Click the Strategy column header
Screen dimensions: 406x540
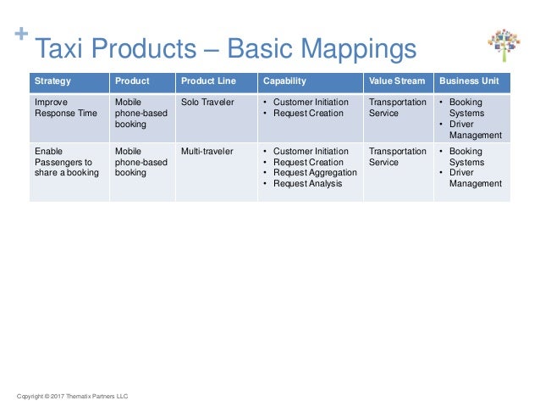[52, 81]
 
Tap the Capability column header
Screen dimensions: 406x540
[284, 81]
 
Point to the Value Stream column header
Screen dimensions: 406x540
[395, 81]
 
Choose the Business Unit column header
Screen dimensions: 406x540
[468, 81]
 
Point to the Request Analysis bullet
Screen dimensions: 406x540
[307, 184]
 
